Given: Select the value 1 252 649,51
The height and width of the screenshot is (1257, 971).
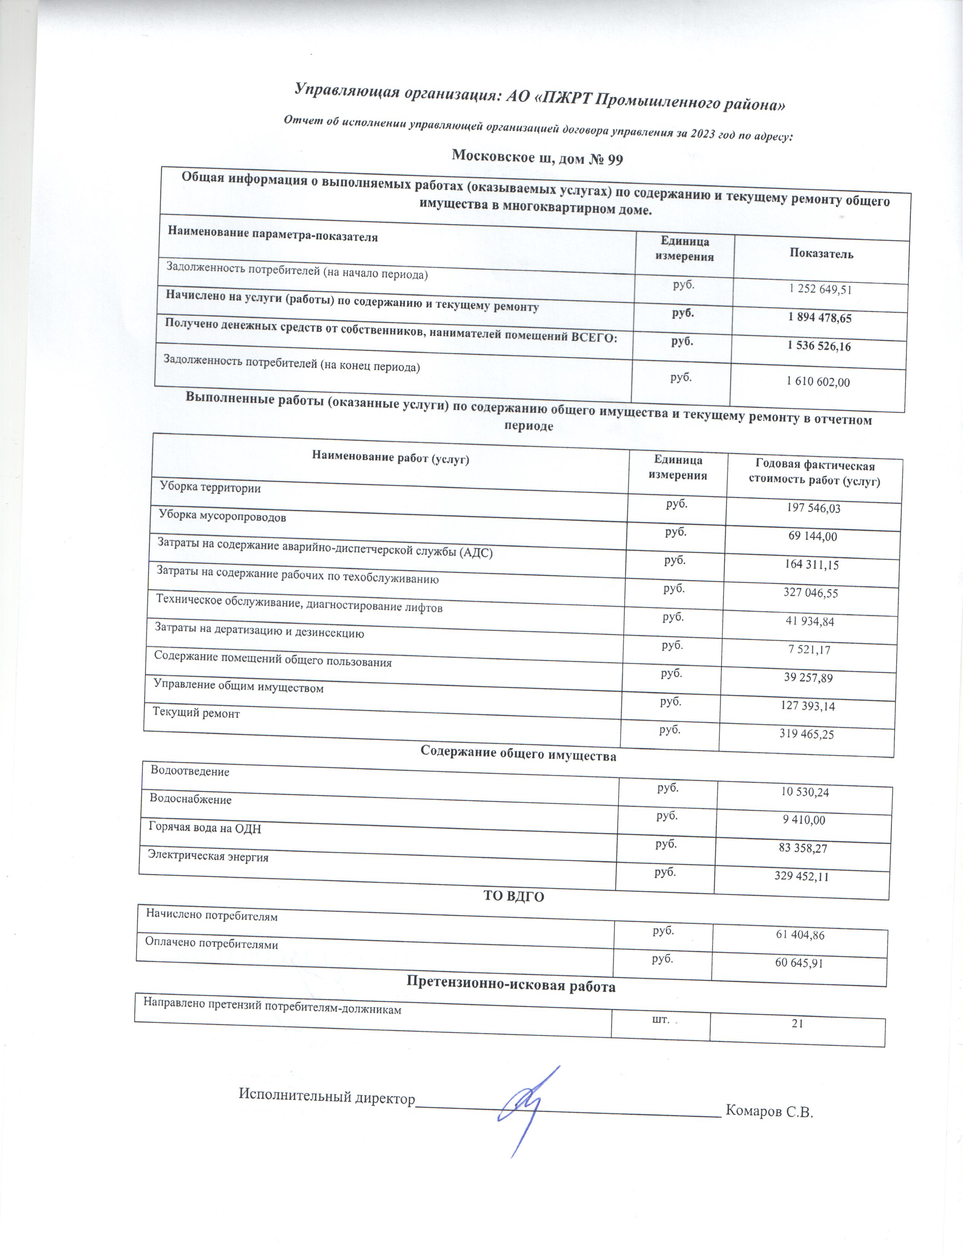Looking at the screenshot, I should click(x=820, y=289).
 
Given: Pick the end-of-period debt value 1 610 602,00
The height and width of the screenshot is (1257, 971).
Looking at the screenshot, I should click(x=818, y=382).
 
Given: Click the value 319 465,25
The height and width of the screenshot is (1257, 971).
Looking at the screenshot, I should click(x=805, y=734).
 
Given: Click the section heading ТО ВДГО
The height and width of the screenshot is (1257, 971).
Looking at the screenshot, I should click(x=514, y=896).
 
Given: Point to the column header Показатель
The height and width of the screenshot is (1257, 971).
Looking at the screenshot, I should click(x=821, y=254).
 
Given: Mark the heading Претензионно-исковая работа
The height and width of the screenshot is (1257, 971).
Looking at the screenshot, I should click(x=511, y=987).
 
